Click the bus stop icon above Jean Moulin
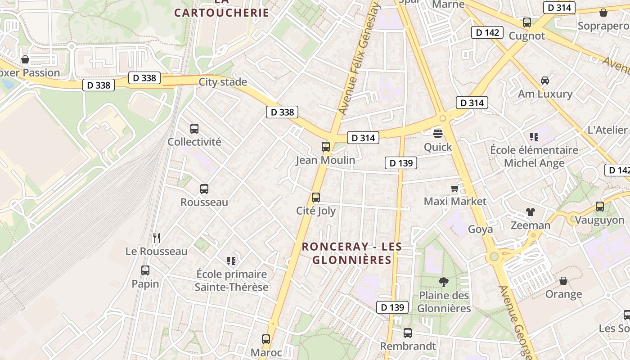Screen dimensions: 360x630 (325, 146)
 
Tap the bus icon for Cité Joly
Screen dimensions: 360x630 (316, 197)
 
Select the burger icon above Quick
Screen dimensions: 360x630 (438, 133)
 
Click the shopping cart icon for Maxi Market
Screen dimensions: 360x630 (455, 188)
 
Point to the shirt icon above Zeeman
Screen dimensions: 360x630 (530, 212)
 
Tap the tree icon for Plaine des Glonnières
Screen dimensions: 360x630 (444, 282)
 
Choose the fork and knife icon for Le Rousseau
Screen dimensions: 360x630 (157, 238)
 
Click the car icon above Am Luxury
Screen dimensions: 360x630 (544, 81)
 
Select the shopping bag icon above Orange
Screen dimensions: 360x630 (563, 281)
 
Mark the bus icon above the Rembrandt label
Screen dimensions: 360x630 (408, 333)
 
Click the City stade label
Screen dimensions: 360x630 (223, 82)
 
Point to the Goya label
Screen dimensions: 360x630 (481, 229)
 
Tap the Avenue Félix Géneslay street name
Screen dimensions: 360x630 (359, 58)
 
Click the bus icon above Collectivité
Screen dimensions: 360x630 (194, 129)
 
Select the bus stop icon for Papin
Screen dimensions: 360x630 (145, 270)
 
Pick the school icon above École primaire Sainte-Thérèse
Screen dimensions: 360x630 (232, 261)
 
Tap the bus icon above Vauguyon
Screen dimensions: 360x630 (600, 207)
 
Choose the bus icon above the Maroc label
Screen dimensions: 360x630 (266, 339)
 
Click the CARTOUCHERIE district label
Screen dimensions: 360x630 (221, 13)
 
